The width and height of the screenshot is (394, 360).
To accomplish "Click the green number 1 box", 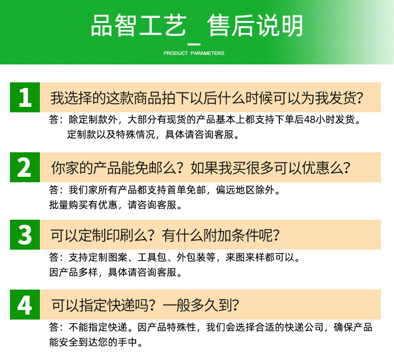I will [x=24, y=97].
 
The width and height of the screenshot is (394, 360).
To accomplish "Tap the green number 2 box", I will [x=24, y=167].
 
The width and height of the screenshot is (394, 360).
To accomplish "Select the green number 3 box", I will [x=24, y=234].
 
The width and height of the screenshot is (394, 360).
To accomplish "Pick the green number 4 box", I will [x=24, y=304].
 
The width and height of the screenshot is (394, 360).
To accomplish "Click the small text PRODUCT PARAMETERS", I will [x=194, y=53].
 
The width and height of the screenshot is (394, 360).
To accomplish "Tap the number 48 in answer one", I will [x=311, y=120].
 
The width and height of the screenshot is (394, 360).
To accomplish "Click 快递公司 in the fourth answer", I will [x=304, y=328].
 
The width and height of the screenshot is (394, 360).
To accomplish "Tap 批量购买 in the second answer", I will [x=67, y=205].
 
